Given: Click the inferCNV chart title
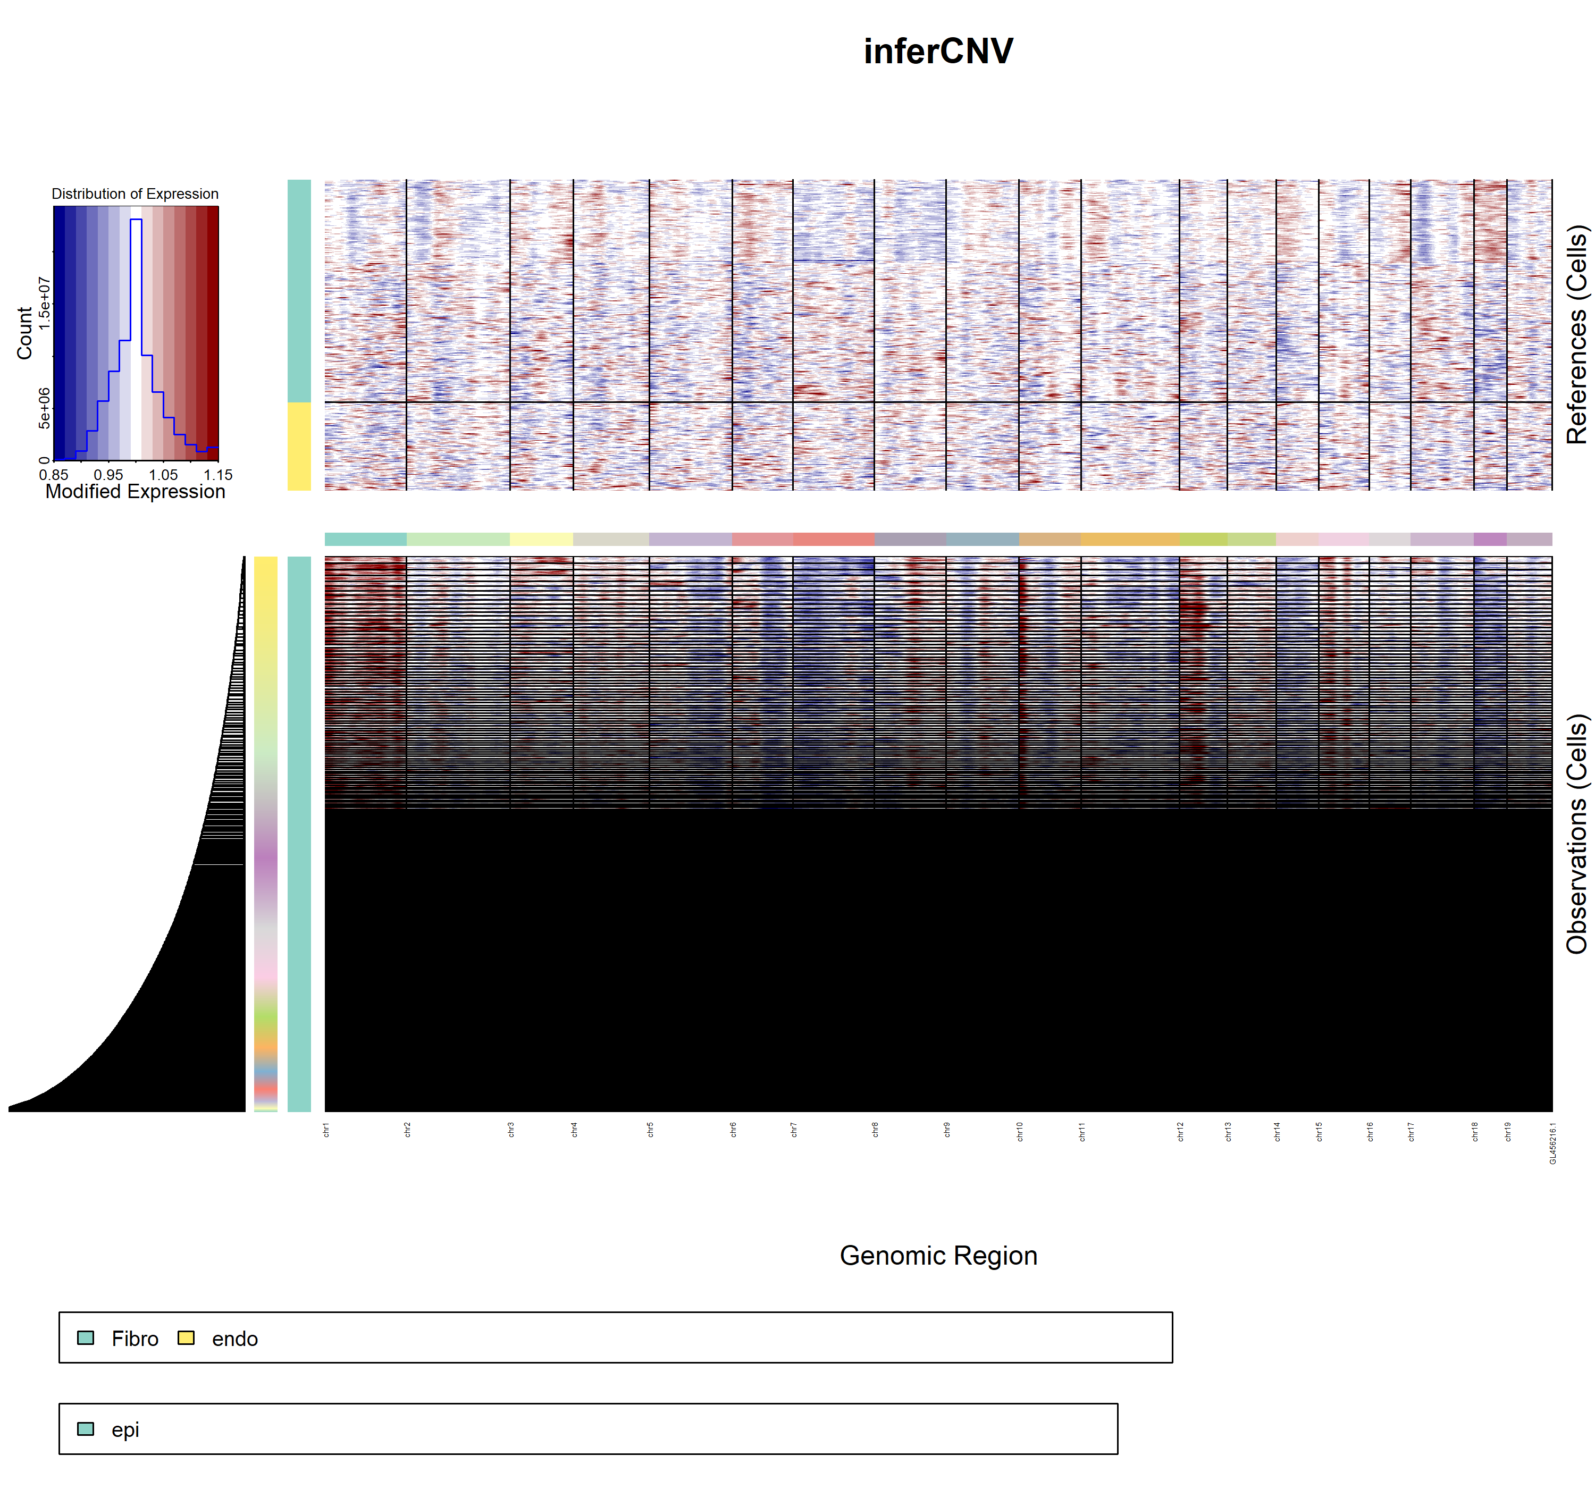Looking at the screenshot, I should coord(937,52).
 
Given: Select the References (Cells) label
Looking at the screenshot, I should coord(1576,335).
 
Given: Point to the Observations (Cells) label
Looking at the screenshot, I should coord(1576,834).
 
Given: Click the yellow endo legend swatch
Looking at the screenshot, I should coord(186,1338).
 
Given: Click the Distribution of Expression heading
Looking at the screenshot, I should coord(135,193).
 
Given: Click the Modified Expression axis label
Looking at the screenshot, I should coord(135,491).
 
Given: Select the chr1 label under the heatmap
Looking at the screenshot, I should coord(326,1130).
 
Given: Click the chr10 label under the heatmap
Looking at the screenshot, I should coord(1019,1132).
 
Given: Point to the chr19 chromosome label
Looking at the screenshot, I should coord(1507,1132).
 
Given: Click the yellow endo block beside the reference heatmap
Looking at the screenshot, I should coord(299,447).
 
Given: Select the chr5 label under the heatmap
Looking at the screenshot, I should coord(650,1130).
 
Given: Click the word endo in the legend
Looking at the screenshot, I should coord(234,1339).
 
